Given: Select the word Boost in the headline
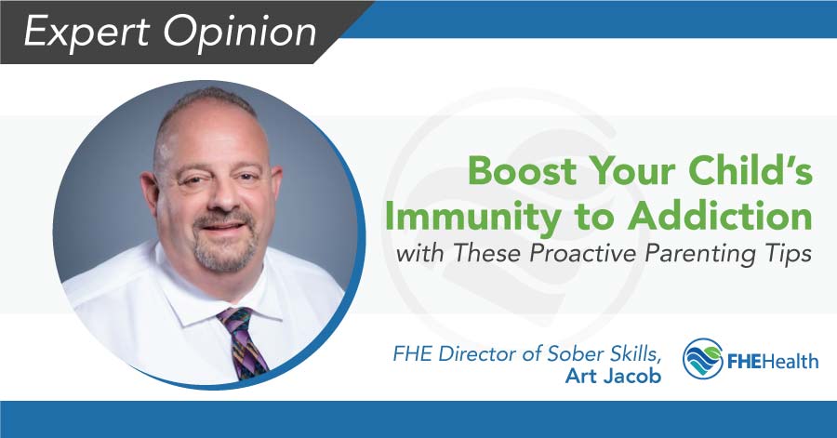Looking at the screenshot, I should [511, 173].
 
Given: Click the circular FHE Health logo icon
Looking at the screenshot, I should [702, 358].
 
